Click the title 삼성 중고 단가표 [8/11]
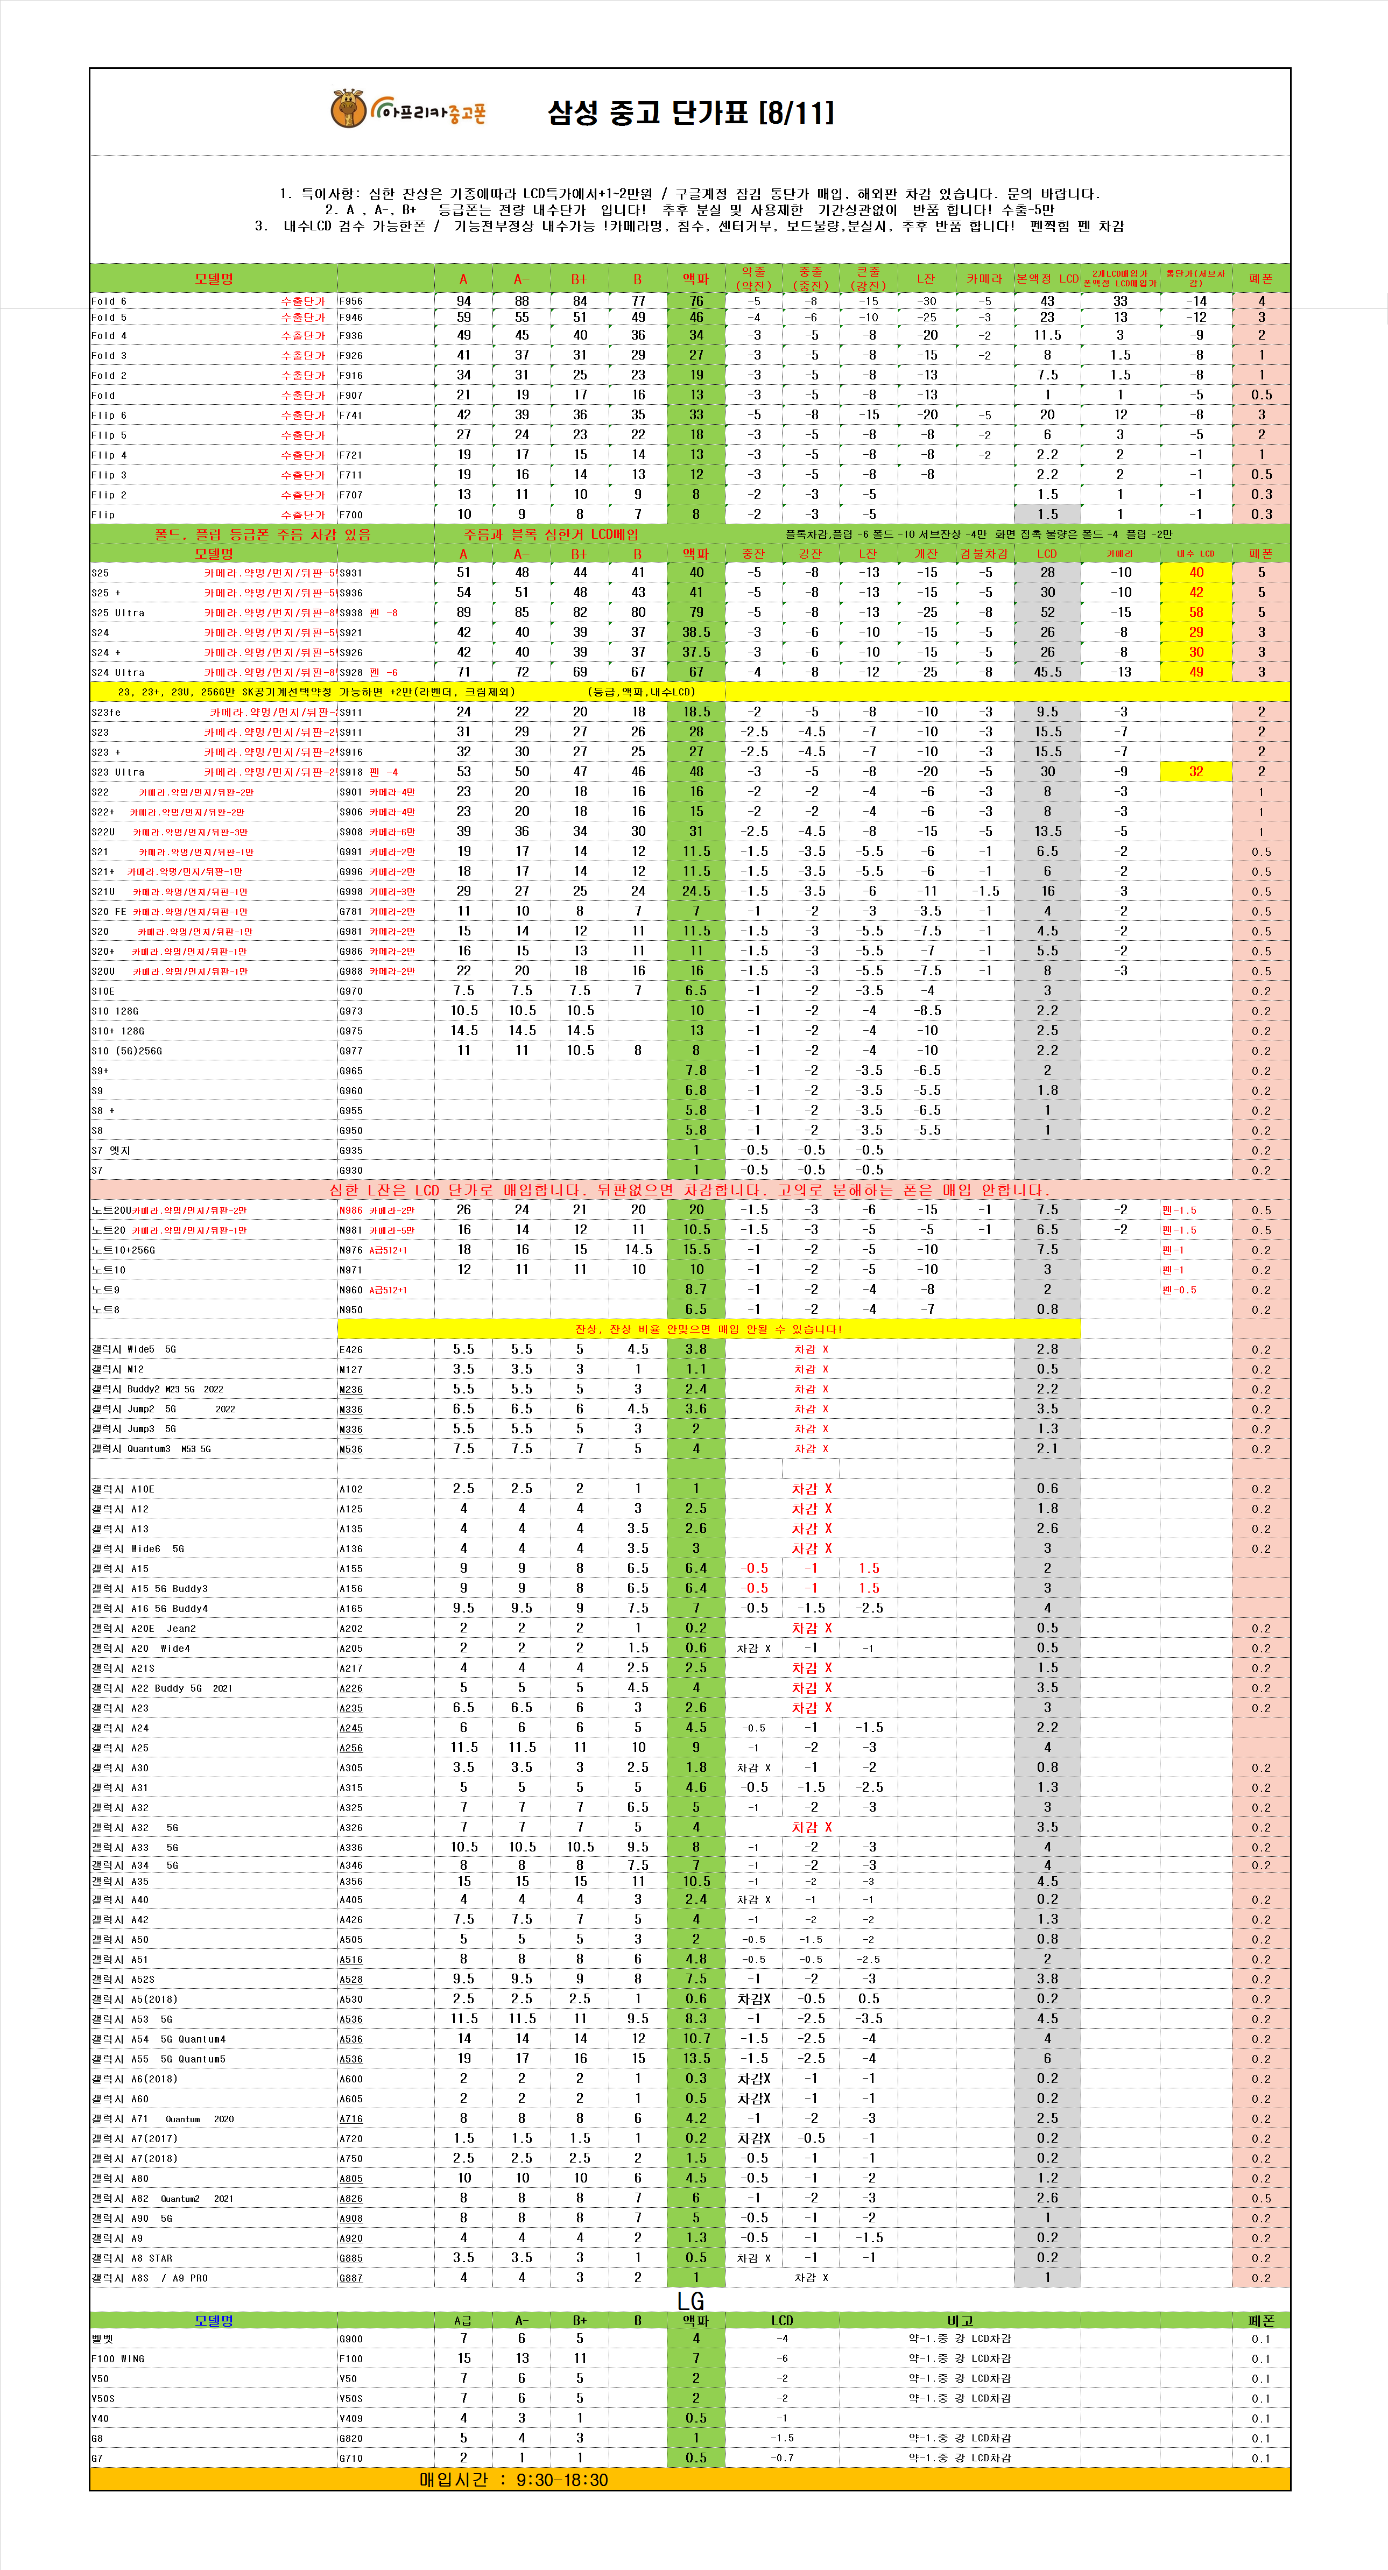pos(691,112)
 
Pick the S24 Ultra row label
pos(118,672)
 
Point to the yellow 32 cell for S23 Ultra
pos(1195,771)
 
